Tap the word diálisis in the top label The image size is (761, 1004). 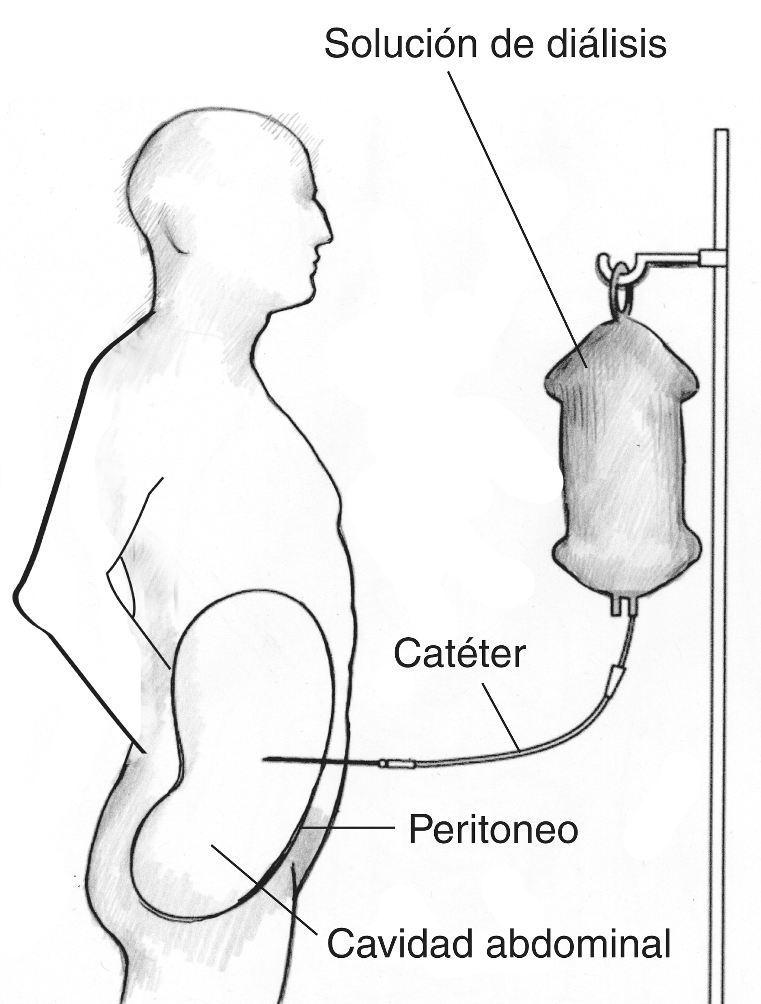(x=607, y=43)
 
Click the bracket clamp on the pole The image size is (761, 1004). (x=713, y=258)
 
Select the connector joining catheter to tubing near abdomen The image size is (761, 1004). (x=398, y=764)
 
